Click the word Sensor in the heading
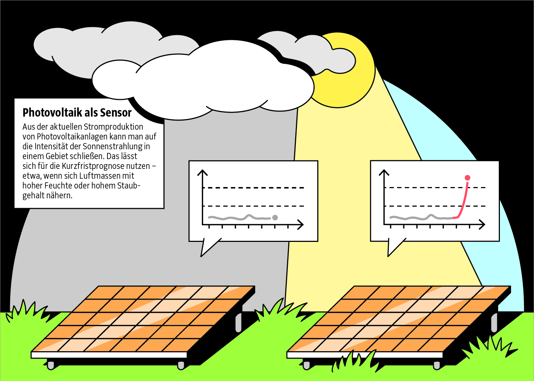tap(116, 113)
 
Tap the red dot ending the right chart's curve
tap(468, 178)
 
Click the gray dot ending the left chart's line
tap(275, 218)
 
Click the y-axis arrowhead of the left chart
tap(203, 172)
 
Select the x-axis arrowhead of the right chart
tap(482, 224)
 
